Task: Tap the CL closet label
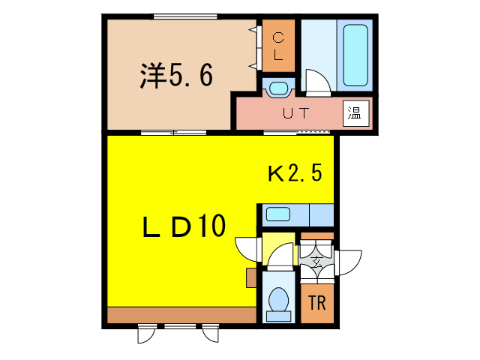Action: (277, 46)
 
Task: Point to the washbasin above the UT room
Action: (277, 88)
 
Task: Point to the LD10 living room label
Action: (184, 226)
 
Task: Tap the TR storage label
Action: (316, 304)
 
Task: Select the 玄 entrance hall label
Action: (317, 263)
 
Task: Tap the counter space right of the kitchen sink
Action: (321, 214)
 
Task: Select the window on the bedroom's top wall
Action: (174, 16)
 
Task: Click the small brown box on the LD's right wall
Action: (250, 278)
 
